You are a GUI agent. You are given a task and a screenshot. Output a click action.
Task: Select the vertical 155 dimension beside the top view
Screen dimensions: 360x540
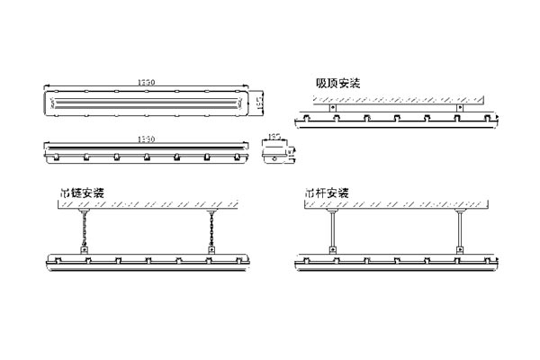[x=257, y=103]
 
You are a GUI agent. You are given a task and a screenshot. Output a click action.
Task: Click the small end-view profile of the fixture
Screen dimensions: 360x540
[x=273, y=153]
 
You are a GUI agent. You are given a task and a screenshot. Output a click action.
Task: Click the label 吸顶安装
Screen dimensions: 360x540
[x=337, y=83]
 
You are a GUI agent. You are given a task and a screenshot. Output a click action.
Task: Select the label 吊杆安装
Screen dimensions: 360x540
[x=326, y=193]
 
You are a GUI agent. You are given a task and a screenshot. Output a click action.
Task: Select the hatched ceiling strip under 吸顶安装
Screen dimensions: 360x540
[x=396, y=98]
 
